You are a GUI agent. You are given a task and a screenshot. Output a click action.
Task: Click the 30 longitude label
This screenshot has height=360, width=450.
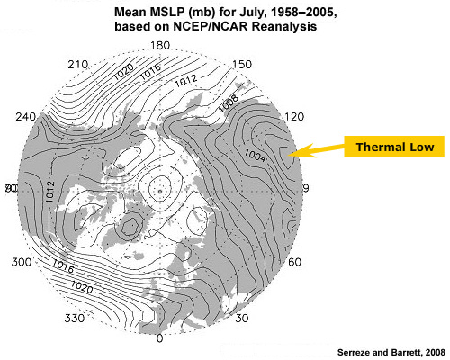[241, 318]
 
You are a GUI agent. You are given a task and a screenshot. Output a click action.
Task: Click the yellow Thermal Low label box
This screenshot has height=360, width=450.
[394, 147]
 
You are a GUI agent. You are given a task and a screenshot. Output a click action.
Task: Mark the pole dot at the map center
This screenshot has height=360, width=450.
[159, 191]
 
